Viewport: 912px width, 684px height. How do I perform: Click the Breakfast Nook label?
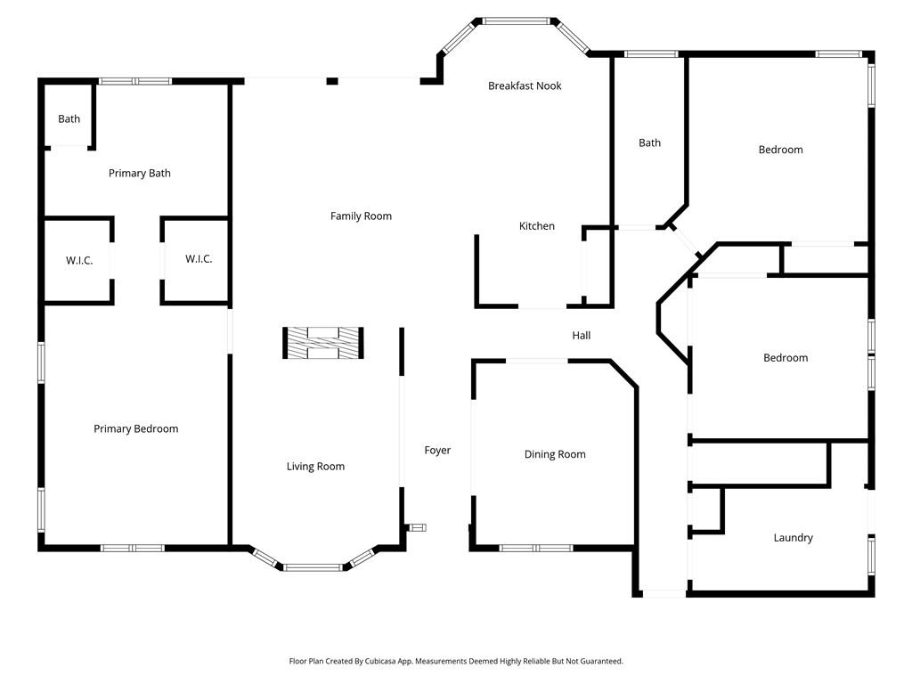[525, 85]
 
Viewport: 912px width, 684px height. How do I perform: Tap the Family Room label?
[361, 216]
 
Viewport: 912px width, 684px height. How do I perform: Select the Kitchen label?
[537, 226]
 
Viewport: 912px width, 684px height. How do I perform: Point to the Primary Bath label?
[140, 173]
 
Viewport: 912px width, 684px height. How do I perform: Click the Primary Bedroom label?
[136, 428]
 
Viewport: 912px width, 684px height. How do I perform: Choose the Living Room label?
[315, 466]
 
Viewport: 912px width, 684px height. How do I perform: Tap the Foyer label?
[437, 450]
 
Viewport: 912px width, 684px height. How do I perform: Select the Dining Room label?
[555, 454]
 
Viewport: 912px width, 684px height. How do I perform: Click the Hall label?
[582, 335]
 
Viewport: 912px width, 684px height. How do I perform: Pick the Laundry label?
[793, 537]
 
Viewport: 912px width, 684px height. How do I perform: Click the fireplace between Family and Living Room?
[322, 343]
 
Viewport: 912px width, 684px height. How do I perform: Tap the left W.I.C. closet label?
[79, 260]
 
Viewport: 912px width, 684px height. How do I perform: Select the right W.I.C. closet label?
[199, 258]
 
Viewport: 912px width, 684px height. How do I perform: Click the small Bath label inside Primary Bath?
[69, 118]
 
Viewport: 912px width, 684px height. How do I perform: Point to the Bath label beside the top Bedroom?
[650, 142]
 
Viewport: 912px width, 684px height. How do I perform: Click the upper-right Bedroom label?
[780, 150]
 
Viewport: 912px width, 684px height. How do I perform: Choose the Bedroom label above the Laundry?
[786, 357]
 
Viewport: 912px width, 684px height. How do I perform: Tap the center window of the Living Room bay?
[313, 566]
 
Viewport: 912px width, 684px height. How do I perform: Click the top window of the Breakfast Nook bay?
[517, 20]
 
